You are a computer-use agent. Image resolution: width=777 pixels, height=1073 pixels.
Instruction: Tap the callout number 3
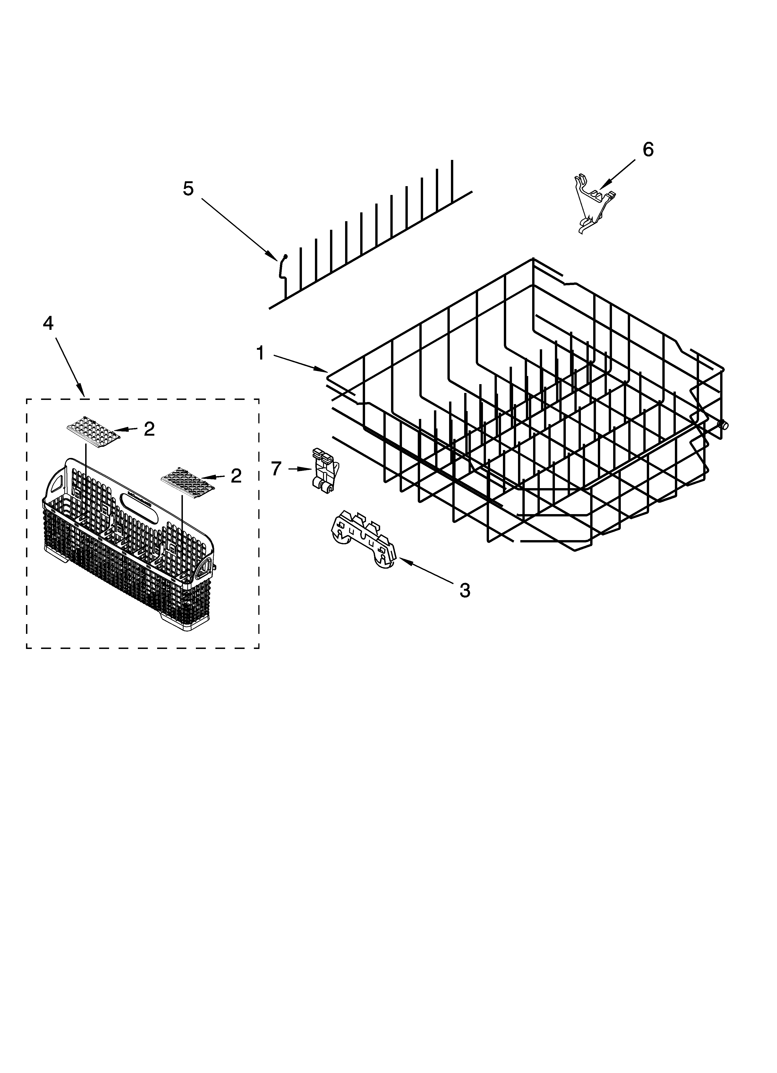click(465, 590)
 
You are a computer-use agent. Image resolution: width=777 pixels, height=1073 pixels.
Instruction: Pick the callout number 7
click(276, 468)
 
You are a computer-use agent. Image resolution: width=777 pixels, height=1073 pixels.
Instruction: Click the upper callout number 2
click(149, 429)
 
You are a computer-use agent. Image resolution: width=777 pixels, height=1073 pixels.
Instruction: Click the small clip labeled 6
click(592, 203)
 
